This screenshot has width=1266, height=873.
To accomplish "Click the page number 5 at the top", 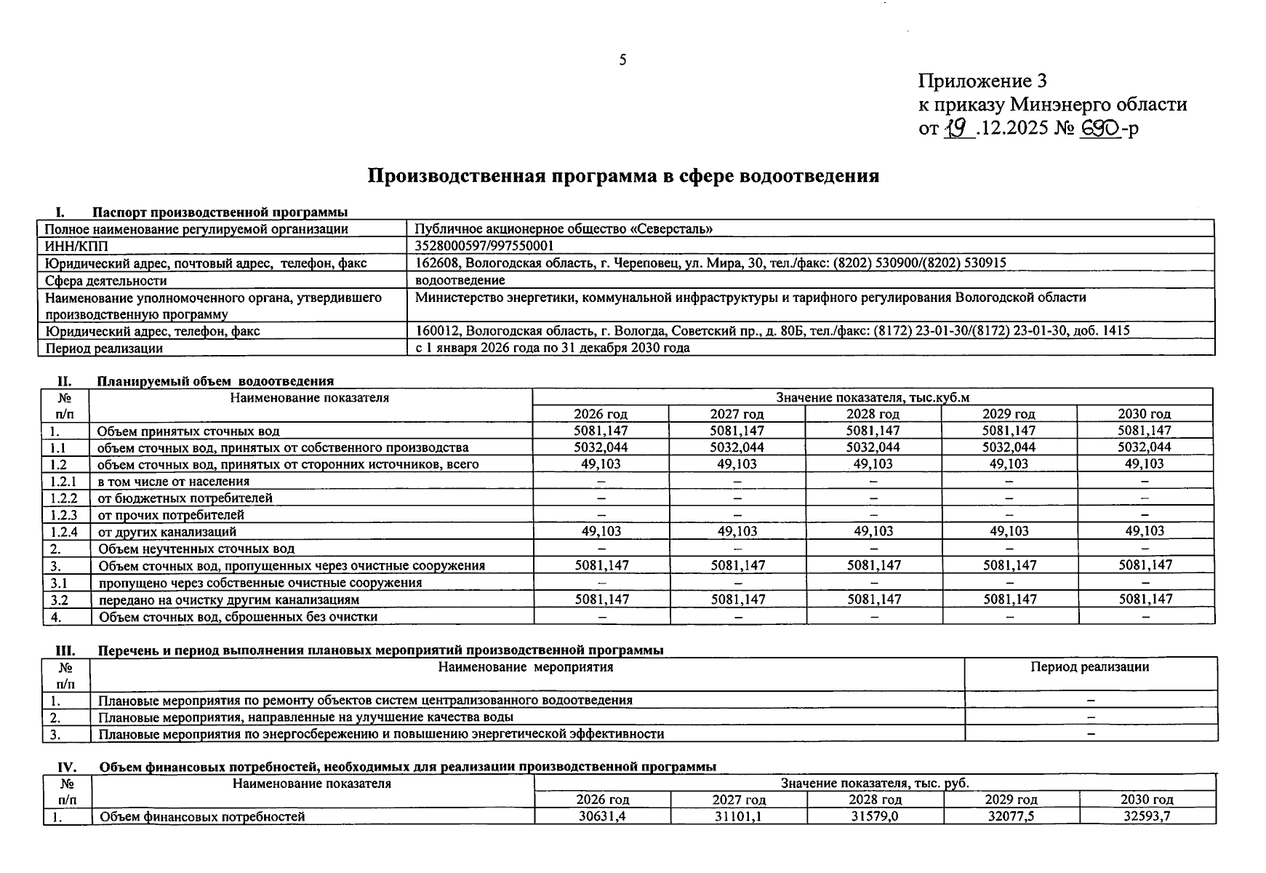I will point(622,60).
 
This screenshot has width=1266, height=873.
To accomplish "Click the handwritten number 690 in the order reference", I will point(1101,129).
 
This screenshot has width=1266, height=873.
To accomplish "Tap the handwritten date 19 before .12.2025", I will point(958,129).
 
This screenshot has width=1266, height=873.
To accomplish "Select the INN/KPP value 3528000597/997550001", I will point(484,246).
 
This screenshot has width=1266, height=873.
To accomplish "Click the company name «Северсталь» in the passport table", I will point(672,229).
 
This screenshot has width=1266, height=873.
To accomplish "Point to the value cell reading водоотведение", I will point(460,280).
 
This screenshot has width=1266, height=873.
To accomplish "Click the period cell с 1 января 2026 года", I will point(552,348).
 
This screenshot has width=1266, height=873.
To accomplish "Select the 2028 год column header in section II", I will point(873,414).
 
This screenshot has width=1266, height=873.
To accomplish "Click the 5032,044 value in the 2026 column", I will point(601,447).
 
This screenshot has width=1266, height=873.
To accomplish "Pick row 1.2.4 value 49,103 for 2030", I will point(1145,531).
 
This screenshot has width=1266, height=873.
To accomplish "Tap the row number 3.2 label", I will point(59,600).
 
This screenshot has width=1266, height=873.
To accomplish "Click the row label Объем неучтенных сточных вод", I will point(196,549).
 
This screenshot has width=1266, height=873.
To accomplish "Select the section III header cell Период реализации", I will point(1089,667).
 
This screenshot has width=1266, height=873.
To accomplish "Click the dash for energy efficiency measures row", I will point(1090,734).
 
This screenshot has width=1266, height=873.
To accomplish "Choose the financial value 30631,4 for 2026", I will point(602,816).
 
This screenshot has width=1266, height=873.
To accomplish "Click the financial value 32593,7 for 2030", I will point(1147,816).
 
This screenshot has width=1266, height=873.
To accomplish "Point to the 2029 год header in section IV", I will point(1011,800).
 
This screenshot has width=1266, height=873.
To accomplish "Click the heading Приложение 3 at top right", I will point(982,81).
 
